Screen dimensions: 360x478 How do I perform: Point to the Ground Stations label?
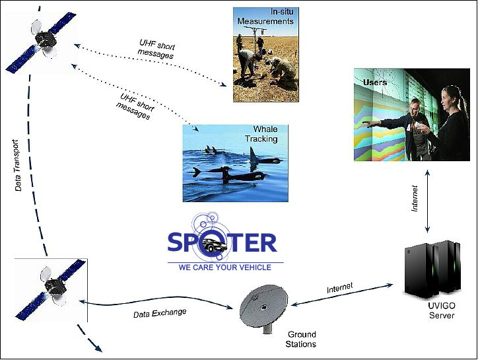(x=301, y=340)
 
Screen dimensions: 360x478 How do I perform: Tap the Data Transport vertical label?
(x=18, y=165)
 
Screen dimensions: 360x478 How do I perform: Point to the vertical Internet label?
(x=415, y=198)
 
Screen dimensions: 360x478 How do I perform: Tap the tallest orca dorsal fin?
(x=252, y=155)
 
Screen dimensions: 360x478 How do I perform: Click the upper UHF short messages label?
(x=156, y=50)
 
